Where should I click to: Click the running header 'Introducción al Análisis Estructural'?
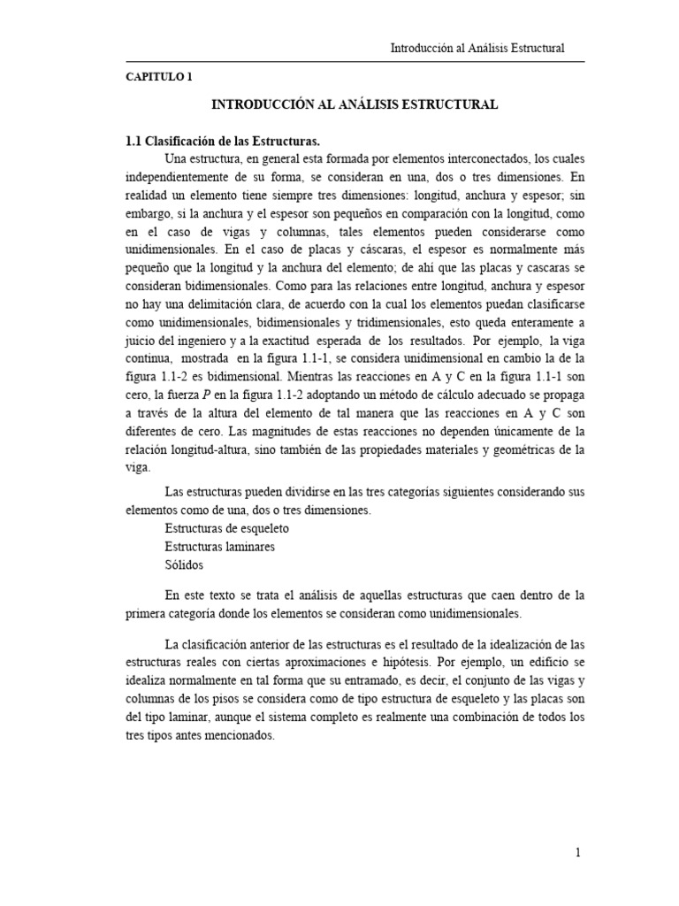point(477,49)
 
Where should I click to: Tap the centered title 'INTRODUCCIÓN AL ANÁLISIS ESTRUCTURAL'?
point(355,104)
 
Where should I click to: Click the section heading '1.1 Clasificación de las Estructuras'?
point(222,141)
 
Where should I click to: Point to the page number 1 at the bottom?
point(577,853)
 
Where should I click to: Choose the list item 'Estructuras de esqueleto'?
point(227,527)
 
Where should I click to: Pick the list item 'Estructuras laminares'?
point(219,546)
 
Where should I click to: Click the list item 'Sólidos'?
point(184,564)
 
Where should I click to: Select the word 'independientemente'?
point(179,177)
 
